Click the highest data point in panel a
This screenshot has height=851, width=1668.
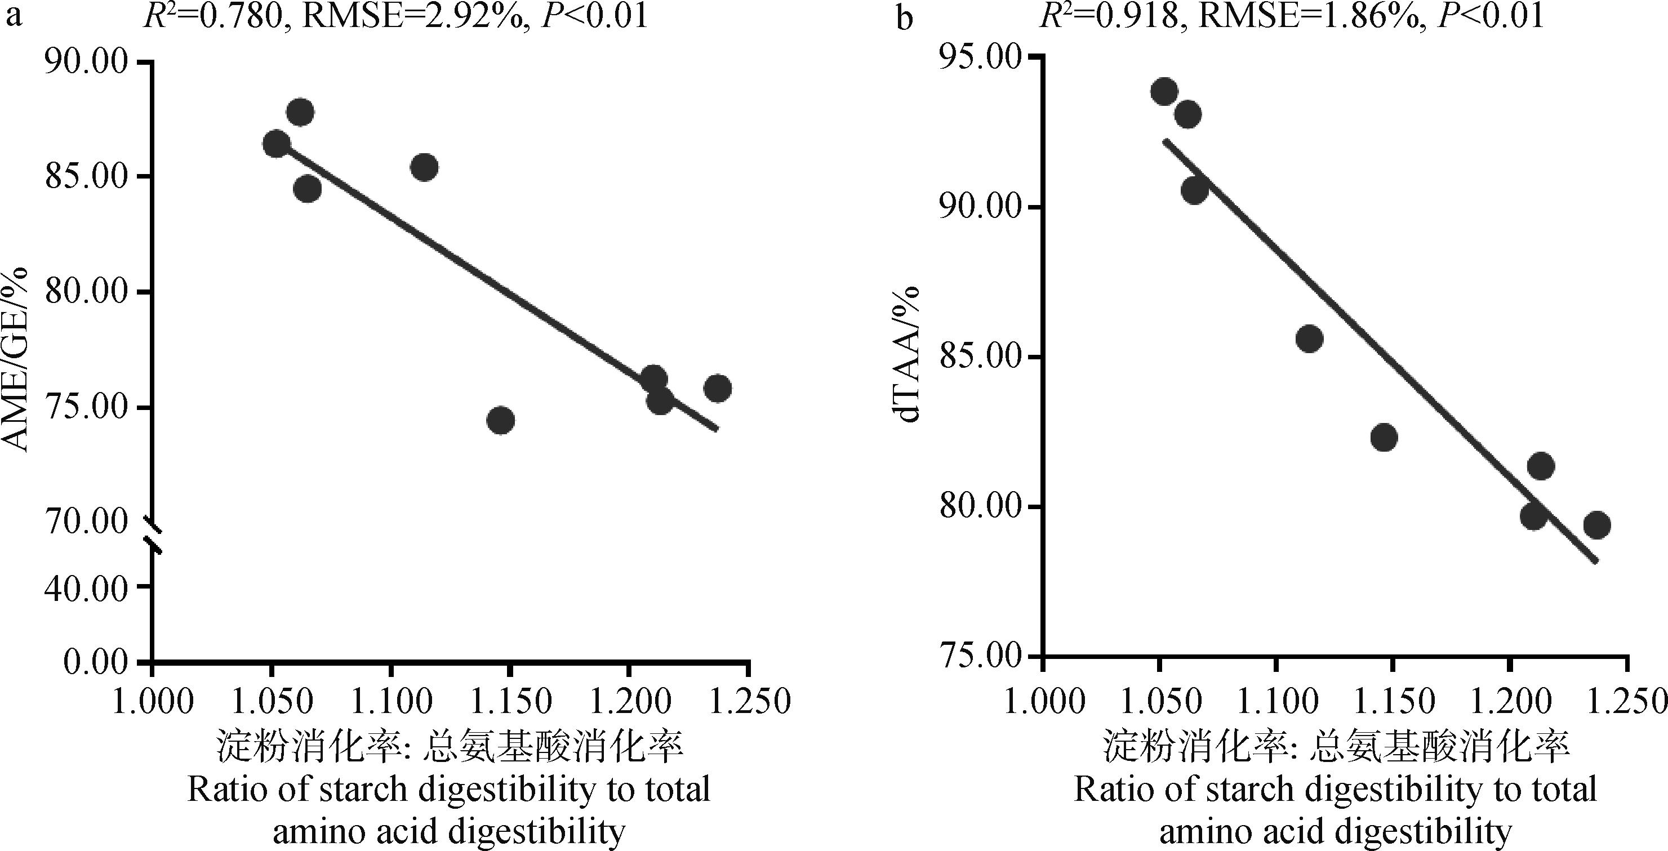[300, 113]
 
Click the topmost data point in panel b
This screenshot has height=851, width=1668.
[1164, 92]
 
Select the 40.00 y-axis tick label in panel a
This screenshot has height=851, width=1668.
[86, 587]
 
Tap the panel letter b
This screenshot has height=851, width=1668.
[905, 19]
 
